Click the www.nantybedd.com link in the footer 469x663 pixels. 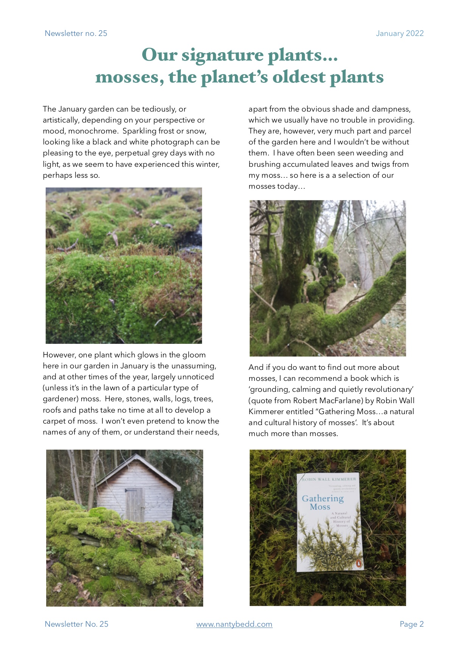234,624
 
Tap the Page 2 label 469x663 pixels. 412,624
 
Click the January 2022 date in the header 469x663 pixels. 399,33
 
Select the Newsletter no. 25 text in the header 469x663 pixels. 76,33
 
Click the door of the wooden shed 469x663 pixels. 135,504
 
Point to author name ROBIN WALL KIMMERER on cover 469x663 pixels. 329,479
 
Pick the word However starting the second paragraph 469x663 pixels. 59,355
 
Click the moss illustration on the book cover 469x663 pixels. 329,545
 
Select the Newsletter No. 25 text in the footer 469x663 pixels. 76,624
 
